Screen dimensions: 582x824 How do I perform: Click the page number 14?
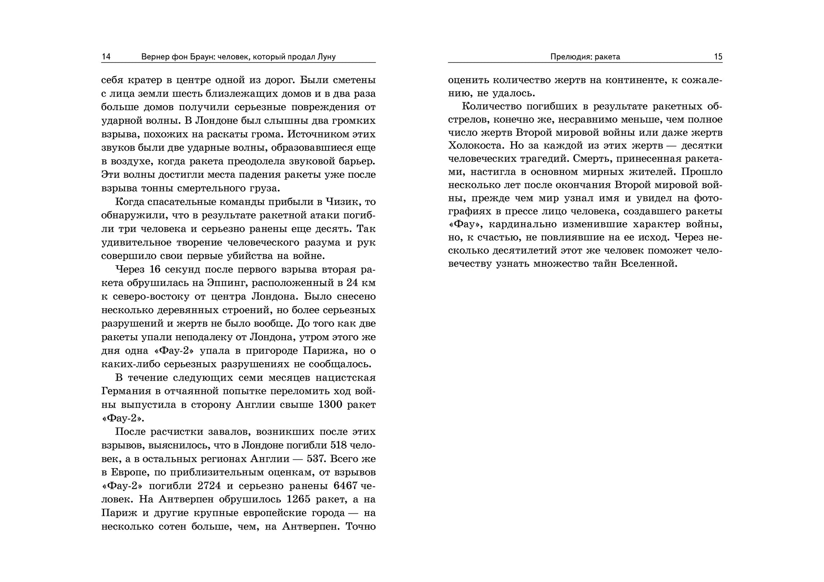coord(106,57)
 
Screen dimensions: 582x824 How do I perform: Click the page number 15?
coord(718,57)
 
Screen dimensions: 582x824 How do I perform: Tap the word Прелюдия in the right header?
coord(570,57)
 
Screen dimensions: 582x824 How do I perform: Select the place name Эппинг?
coord(230,283)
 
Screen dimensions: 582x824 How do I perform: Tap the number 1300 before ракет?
coord(330,405)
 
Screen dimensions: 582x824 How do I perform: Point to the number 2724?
coord(209,486)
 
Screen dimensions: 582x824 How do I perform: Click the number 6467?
coord(346,486)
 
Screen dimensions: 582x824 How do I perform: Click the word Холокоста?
coord(476,146)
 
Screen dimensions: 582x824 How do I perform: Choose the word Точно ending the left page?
coord(361,527)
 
